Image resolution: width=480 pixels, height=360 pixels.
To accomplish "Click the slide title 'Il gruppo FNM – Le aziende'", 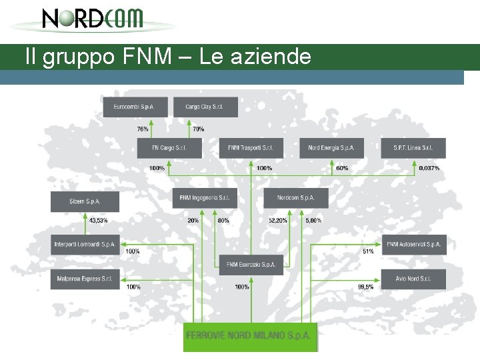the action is (168, 57).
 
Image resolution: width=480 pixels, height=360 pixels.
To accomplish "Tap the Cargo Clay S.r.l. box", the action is (205, 107).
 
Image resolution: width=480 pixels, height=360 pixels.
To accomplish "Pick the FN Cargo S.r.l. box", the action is (169, 148).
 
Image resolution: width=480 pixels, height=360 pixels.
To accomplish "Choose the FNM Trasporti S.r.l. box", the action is (251, 148).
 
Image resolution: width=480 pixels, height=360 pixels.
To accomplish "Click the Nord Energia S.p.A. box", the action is (331, 148).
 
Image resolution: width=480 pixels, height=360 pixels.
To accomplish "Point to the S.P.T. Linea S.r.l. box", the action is (413, 148).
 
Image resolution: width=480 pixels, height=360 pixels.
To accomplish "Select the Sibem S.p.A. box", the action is (85, 201).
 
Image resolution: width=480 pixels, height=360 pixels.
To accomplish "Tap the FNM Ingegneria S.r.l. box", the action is (205, 198).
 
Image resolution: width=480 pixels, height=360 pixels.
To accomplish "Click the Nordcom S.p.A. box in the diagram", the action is (295, 198).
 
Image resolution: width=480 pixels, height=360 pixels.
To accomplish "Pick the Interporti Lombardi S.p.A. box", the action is (85, 245).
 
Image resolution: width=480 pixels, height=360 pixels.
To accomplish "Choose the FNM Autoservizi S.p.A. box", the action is (413, 245).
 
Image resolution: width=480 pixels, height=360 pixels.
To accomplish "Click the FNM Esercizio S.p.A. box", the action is (251, 265).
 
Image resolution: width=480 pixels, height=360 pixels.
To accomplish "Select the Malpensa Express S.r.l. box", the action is (85, 279).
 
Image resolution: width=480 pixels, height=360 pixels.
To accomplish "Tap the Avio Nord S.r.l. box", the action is (413, 279).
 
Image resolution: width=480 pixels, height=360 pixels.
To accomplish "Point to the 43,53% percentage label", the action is (98, 220).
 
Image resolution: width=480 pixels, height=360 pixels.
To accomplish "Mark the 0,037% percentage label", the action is (429, 168).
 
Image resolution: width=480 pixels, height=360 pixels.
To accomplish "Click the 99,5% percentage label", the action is (365, 287).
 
